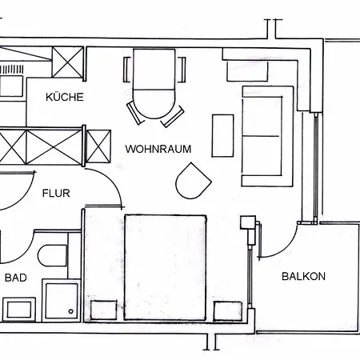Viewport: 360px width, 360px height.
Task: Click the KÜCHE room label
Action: pyautogui.click(x=65, y=97)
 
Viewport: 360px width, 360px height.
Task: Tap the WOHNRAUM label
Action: pyautogui.click(x=158, y=149)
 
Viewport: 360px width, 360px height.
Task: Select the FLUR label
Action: pyautogui.click(x=56, y=193)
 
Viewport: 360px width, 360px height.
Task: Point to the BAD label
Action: pyautogui.click(x=16, y=278)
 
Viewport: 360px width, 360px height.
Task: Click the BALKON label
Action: pyautogui.click(x=303, y=276)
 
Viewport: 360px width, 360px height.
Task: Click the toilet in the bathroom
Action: pyautogui.click(x=52, y=255)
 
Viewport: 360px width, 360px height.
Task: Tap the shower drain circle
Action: pyautogui.click(x=70, y=311)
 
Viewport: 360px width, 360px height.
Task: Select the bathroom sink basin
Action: pyautogui.click(x=19, y=310)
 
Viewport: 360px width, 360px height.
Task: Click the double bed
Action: pyautogui.click(x=166, y=267)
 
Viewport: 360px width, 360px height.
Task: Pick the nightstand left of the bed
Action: pyautogui.click(x=103, y=310)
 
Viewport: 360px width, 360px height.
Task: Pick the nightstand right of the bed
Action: pyautogui.click(x=228, y=311)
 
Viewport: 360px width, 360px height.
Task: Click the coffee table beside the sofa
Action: pyautogui.click(x=222, y=135)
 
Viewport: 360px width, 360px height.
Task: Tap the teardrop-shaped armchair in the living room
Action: pyautogui.click(x=193, y=181)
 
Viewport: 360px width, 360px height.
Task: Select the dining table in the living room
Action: pyautogui.click(x=154, y=84)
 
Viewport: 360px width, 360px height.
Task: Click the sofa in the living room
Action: pyautogui.click(x=267, y=136)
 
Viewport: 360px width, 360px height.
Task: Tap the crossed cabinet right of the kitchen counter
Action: pyautogui.click(x=99, y=146)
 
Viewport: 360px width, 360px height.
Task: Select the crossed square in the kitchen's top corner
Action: pyautogui.click(x=68, y=62)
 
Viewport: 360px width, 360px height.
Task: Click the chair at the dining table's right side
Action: pyautogui.click(x=182, y=70)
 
